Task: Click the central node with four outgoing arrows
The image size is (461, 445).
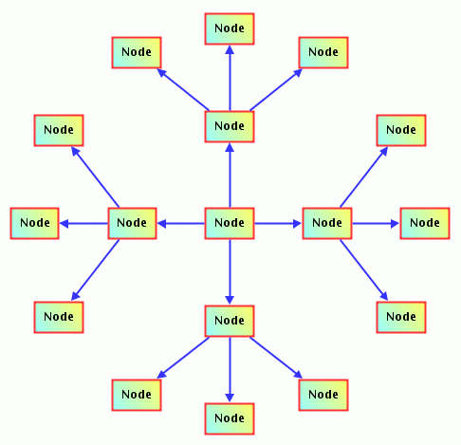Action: tap(230, 223)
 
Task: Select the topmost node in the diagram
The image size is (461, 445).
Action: tap(230, 28)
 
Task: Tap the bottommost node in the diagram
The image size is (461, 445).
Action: tap(230, 418)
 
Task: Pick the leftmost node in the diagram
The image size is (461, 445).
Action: tap(35, 223)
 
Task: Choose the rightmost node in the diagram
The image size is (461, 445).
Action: tap(425, 223)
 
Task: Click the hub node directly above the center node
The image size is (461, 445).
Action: tap(230, 126)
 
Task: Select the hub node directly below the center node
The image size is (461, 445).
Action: tap(230, 321)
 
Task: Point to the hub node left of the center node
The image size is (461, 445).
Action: tap(132, 223)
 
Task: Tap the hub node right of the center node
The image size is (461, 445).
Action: tap(327, 223)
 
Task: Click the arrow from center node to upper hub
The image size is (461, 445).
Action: tap(230, 176)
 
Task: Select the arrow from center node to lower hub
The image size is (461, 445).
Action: tap(230, 271)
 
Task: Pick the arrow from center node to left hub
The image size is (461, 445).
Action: tap(181, 224)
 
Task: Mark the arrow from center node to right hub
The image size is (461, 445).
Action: tap(278, 224)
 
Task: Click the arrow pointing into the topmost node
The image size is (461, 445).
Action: tap(230, 78)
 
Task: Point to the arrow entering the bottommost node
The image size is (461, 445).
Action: tap(230, 370)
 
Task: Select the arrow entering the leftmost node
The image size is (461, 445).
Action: tap(83, 224)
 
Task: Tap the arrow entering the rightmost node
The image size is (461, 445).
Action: tap(376, 224)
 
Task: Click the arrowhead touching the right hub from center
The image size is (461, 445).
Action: tap(297, 224)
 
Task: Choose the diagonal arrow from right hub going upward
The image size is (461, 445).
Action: tap(364, 176)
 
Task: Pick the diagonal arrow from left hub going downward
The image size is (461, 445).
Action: tap(95, 269)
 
